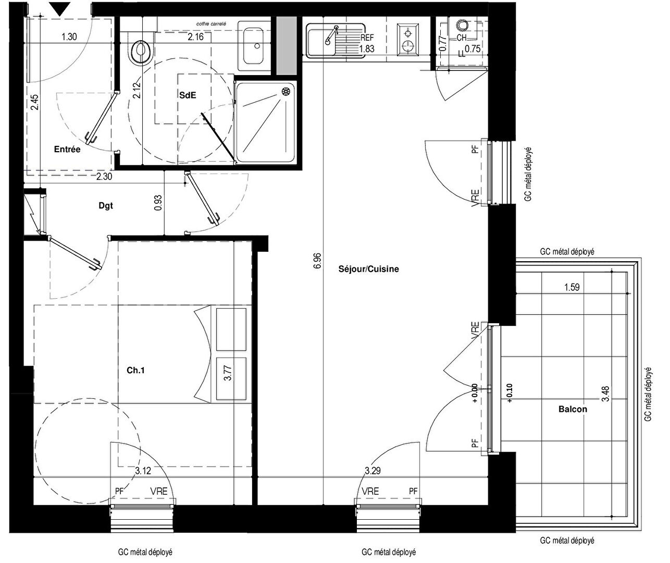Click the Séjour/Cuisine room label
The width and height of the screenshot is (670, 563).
pos(368,269)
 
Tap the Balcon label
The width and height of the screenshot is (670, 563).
pos(573,409)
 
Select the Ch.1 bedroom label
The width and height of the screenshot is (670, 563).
pos(135,371)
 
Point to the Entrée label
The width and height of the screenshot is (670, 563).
pos(67,150)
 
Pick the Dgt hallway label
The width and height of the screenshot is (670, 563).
pos(106,205)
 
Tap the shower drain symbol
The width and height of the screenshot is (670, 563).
pos(286,92)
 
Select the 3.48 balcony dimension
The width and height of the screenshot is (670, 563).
pos(605,393)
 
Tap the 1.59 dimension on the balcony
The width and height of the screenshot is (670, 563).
pos(571,287)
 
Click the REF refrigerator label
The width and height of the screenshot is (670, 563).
pos(367,39)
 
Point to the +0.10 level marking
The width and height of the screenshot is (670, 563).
pos(509,394)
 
